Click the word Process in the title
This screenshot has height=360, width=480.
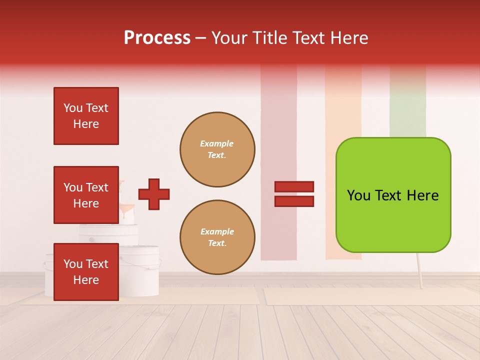pyautogui.click(x=157, y=38)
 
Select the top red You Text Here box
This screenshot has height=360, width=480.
pyautogui.click(x=86, y=116)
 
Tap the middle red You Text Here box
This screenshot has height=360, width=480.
pyautogui.click(x=86, y=195)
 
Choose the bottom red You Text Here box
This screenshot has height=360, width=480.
pyautogui.click(x=86, y=271)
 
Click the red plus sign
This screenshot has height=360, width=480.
pyautogui.click(x=154, y=194)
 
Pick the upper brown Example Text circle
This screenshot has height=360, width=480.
pyautogui.click(x=217, y=149)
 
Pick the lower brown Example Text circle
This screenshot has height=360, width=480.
pyautogui.click(x=217, y=237)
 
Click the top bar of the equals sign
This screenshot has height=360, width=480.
pyautogui.click(x=294, y=186)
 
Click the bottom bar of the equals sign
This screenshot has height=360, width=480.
pyautogui.click(x=294, y=201)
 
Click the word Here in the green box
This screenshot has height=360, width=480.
pyautogui.click(x=422, y=195)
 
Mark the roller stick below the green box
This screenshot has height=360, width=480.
pyautogui.click(x=419, y=270)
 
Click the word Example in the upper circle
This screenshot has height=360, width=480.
pyautogui.click(x=216, y=143)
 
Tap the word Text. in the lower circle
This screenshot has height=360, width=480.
pyautogui.click(x=217, y=243)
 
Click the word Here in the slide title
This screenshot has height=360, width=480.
pyautogui.click(x=348, y=38)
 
